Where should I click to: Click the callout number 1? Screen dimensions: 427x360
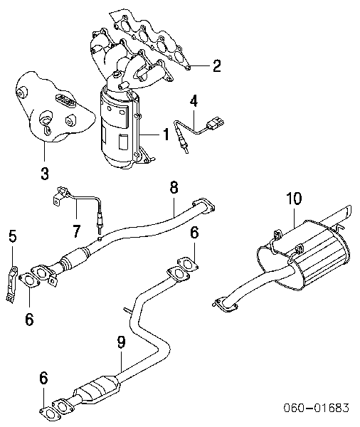pyautogui.click(x=166, y=132)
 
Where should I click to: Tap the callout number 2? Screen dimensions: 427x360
pyautogui.click(x=216, y=66)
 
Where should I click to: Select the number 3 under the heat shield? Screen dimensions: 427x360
pyautogui.click(x=44, y=171)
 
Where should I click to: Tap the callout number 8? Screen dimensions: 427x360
pyautogui.click(x=173, y=189)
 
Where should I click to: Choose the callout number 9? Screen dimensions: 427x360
pyautogui.click(x=121, y=343)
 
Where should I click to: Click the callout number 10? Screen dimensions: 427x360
pyautogui.click(x=294, y=199)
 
